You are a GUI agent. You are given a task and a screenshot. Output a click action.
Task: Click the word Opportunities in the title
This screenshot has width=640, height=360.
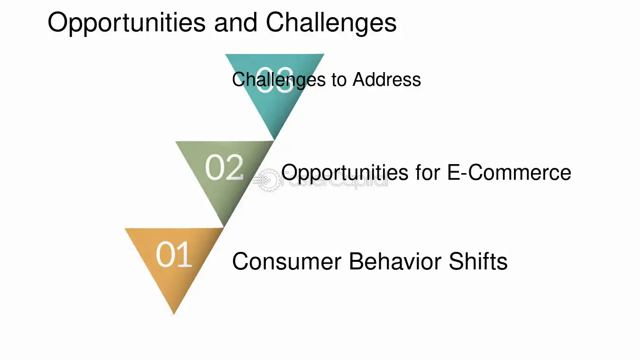coord(126,22)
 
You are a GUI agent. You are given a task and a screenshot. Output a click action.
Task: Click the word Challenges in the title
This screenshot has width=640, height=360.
coord(331,22)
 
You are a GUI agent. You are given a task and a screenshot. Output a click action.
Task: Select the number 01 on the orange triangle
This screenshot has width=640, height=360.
coord(174,255)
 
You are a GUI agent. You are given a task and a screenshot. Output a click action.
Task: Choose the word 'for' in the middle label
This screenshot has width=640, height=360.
coord(426,172)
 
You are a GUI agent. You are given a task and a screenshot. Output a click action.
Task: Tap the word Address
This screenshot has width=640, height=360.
coord(387,79)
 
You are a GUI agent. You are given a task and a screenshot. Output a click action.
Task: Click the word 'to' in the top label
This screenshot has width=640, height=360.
coord(339,79)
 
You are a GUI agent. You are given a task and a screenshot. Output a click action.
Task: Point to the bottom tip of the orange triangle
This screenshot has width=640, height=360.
coord(174,314)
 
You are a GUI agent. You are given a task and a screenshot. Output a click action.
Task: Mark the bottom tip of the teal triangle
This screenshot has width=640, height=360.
coord(275,139)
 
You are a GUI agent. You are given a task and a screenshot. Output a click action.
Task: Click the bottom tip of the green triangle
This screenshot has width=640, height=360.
coord(224,227)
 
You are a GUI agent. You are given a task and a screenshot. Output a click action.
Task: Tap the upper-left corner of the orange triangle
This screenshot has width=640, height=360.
coord(126,229)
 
